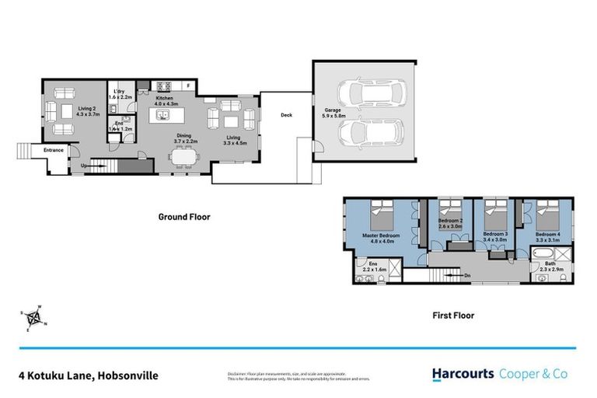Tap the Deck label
[x=286, y=115]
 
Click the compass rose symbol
[x=33, y=316]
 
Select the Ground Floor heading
[x=184, y=217]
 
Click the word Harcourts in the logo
[x=463, y=374]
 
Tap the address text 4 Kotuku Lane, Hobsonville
[x=88, y=375]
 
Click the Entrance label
[x=54, y=149]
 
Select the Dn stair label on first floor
[x=466, y=274]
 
